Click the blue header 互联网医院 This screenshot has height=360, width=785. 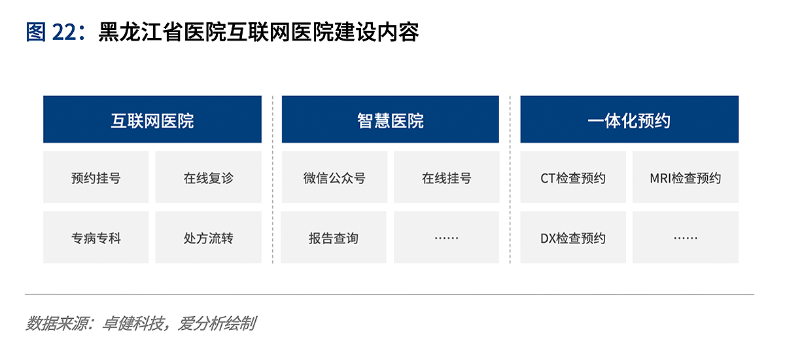coord(152,119)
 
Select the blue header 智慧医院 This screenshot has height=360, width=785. coord(391,119)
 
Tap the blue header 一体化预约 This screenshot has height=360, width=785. coord(629,119)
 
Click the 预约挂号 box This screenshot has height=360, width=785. coord(96,177)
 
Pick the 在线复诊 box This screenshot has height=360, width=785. coord(209,177)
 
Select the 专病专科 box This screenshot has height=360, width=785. coord(96,238)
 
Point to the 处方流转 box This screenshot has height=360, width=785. coord(209,238)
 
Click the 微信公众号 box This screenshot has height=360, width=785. coord(335,177)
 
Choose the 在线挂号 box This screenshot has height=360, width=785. coord(446,177)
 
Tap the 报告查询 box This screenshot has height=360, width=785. coord(334,238)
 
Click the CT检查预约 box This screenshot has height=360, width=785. coord(573,177)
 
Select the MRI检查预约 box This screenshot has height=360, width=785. coord(686,177)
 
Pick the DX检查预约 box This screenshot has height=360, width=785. coord(573,238)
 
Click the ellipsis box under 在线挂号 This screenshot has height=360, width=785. coord(446,238)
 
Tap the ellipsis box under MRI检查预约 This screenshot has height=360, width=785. coord(686,238)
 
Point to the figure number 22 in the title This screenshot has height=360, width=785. coord(64,32)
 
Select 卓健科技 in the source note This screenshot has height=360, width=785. coord(132,323)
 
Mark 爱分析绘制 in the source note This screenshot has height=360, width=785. coord(217,323)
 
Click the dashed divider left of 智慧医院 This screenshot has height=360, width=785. coord(273,179)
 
